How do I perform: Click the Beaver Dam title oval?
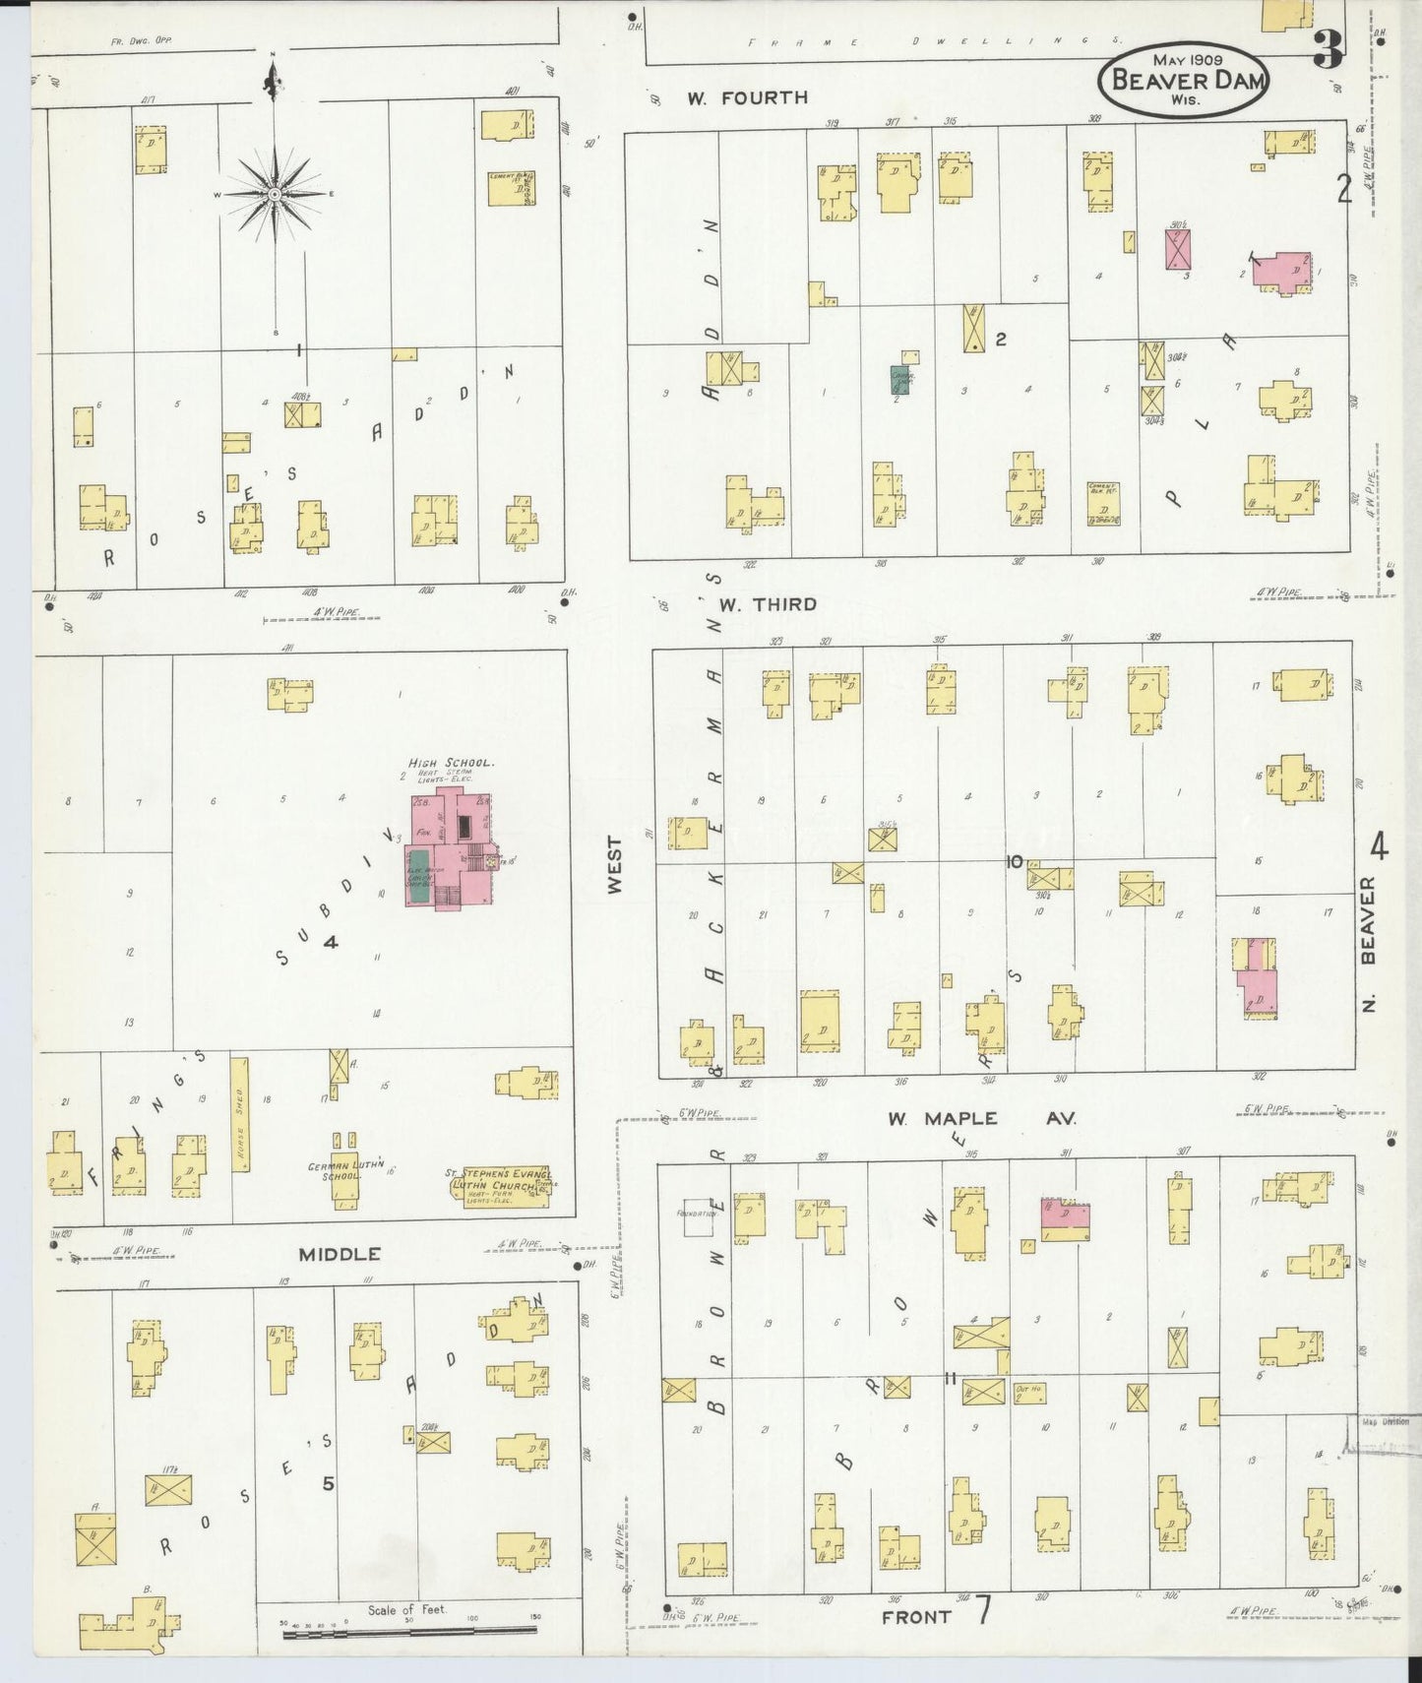click(1184, 78)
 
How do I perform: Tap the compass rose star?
click(275, 194)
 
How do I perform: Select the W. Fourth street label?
click(747, 97)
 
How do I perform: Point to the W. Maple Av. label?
click(981, 1118)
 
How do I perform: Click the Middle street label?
click(340, 1254)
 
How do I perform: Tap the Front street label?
click(916, 1616)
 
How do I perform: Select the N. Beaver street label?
click(1369, 945)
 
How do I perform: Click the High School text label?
click(451, 763)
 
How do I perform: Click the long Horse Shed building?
click(239, 1114)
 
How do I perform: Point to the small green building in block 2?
click(899, 380)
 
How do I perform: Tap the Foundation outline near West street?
click(700, 1216)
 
